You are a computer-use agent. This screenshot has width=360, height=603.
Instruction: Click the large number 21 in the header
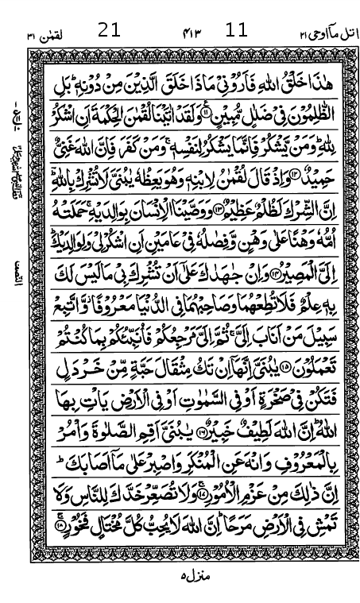tap(110, 31)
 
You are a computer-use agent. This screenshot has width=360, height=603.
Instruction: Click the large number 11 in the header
tap(237, 31)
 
